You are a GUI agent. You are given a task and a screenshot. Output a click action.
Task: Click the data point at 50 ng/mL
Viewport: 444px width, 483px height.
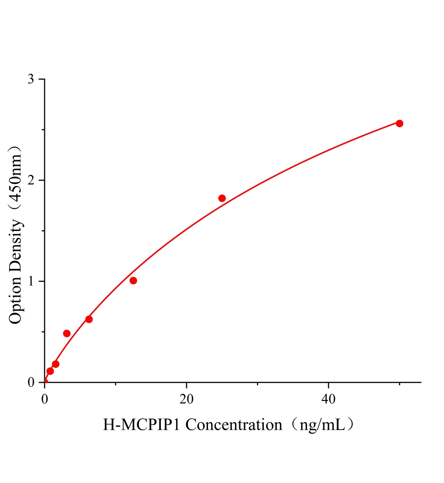click(399, 124)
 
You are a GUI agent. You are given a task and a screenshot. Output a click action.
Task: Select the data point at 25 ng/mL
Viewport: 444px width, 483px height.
click(222, 198)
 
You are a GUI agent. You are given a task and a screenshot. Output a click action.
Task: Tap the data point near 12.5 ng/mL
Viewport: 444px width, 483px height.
click(133, 281)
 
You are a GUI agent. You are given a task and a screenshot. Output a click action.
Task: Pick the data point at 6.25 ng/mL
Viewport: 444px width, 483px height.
click(89, 319)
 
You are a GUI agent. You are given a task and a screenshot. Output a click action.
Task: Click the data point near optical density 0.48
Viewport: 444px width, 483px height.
click(67, 333)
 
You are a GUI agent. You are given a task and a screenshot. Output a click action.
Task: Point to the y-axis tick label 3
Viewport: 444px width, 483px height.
click(31, 79)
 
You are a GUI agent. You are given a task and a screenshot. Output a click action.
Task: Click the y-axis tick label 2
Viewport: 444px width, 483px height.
click(31, 180)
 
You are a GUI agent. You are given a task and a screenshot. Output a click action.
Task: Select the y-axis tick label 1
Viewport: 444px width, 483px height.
click(31, 281)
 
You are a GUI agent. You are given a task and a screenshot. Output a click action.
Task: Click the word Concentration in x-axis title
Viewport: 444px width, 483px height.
click(234, 425)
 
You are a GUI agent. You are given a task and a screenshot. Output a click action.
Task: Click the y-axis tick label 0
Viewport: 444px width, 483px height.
click(31, 382)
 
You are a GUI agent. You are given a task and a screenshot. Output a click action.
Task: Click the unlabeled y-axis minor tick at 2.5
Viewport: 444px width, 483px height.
click(43, 130)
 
